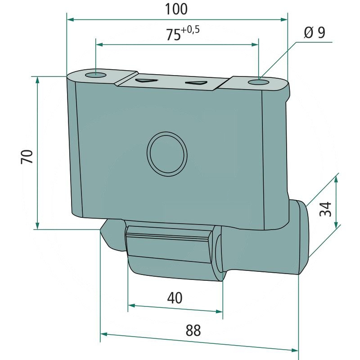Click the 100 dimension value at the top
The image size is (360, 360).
pos(176,9)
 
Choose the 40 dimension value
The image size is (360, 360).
pos(175,297)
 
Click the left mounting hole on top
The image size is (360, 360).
pos(96,74)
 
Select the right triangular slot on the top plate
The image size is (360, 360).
pos(195,83)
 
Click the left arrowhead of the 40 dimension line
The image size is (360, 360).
pos(131,306)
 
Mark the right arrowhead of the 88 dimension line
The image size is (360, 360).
pos(295,349)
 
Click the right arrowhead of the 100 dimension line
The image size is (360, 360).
pos(284,19)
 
